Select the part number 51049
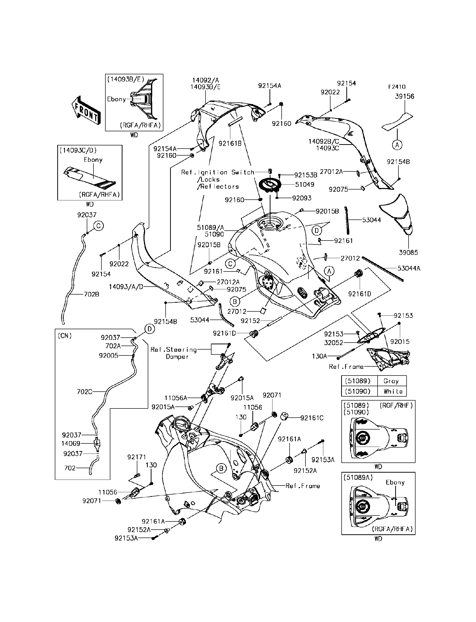[x=305, y=185]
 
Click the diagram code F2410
[x=397, y=87]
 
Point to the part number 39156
[x=405, y=97]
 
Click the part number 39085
[x=408, y=252]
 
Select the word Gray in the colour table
[x=391, y=381]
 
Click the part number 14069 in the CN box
[x=71, y=444]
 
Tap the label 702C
[x=85, y=392]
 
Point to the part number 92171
[x=137, y=457]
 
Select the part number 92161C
[x=312, y=418]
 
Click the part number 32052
[x=333, y=343]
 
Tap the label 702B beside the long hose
[x=91, y=295]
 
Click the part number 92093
[x=302, y=198]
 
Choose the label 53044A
[x=409, y=268]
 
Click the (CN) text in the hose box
[x=65, y=336]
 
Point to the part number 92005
[x=109, y=356]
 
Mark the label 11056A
[x=176, y=398]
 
